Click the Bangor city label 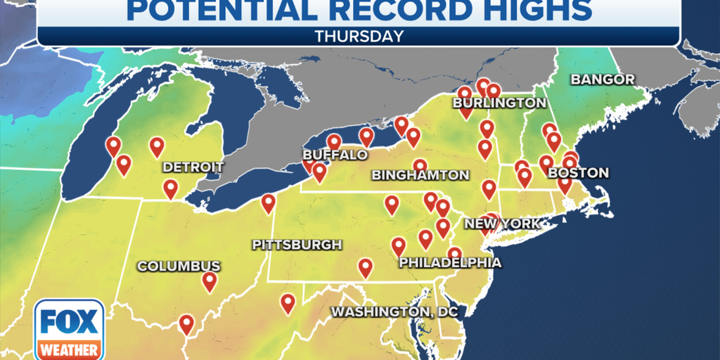(x=603, y=79)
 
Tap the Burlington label (x=499, y=103)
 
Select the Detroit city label (x=193, y=167)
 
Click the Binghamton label (x=420, y=175)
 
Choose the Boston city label (x=578, y=173)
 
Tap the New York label (x=501, y=224)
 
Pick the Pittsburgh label (x=297, y=245)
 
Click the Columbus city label (x=179, y=266)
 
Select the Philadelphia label (x=450, y=263)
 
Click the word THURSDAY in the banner (x=359, y=35)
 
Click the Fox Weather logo (x=69, y=329)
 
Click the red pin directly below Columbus (x=209, y=281)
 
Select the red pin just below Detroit (x=170, y=188)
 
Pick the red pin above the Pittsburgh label (x=268, y=203)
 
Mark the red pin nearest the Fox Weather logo (x=186, y=323)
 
